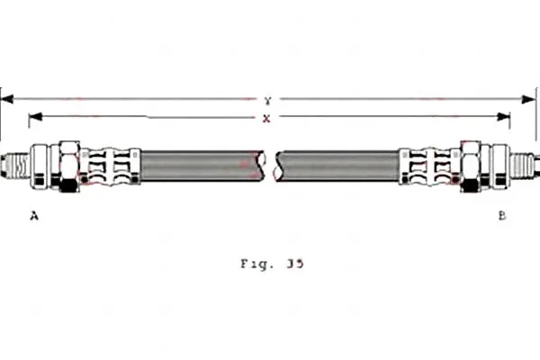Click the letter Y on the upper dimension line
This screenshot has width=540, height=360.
point(268,101)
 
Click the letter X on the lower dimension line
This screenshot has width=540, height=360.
point(266,119)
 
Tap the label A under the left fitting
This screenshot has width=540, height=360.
point(34,216)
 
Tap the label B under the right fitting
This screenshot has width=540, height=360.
point(502,216)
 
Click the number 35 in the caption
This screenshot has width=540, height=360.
point(295,264)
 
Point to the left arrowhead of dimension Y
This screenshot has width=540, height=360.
point(7,99)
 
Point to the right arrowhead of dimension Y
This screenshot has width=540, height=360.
point(528,100)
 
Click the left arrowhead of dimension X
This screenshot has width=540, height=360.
point(35,116)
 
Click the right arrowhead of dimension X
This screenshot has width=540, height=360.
point(503,117)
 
